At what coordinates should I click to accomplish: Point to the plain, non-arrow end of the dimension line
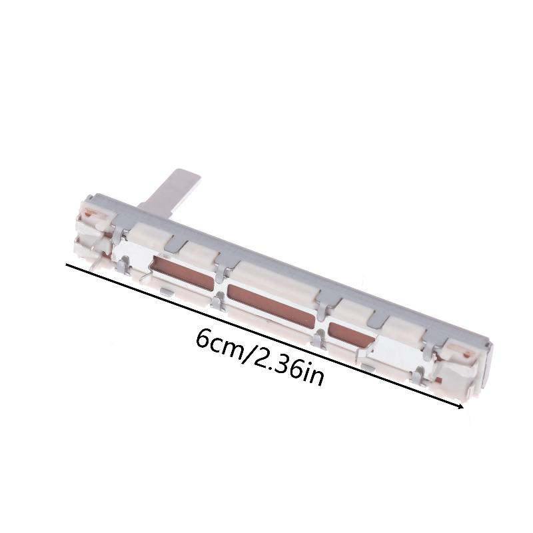pyautogui.click(x=67, y=265)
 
